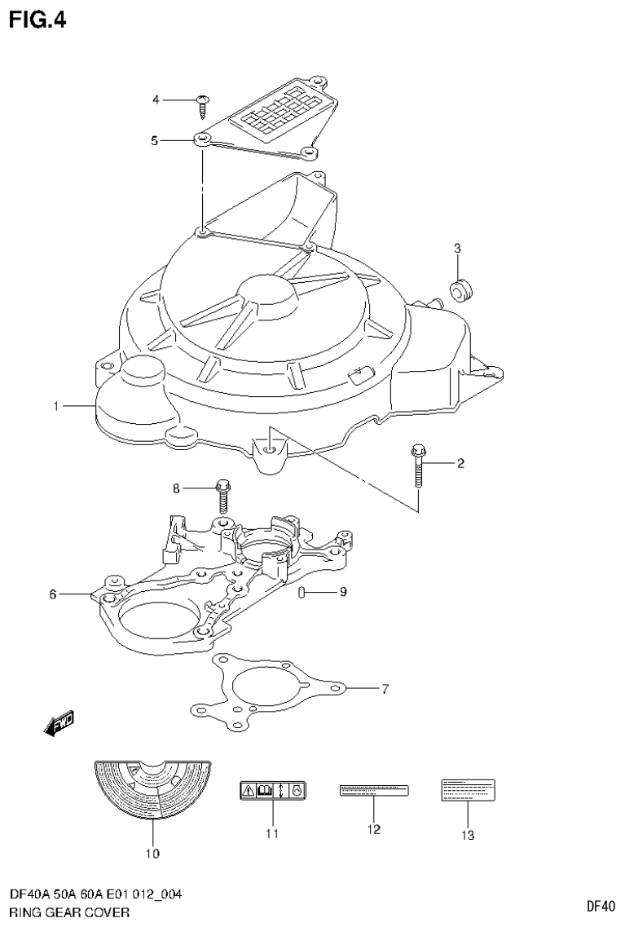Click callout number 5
tap(154, 140)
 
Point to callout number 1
tap(56, 405)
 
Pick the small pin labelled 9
tap(302, 592)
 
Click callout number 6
tap(54, 594)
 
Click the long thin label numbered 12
tap(373, 790)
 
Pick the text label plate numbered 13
tap(468, 788)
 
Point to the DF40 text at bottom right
tap(601, 906)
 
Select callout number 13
tap(468, 835)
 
